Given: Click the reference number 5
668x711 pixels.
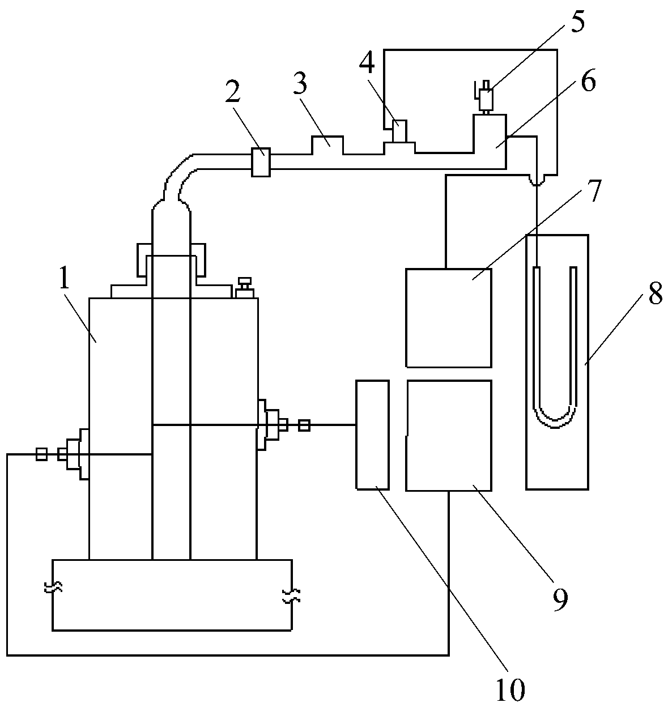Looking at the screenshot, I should pos(577,22).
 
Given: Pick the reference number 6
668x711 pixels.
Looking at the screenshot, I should pos(588,82).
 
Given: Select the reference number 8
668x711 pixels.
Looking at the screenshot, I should pos(654,295).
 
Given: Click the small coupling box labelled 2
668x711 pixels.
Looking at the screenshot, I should pos(260,162).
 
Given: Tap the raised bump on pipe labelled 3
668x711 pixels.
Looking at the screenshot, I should pos(327,144).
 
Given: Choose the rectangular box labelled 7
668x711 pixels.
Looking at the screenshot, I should pos(448,317).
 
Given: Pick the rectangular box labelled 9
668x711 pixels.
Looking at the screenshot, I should pos(448,435).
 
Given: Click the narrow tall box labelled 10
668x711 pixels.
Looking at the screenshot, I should pos(372,435).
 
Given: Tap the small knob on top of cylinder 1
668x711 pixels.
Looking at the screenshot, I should pos(245,287).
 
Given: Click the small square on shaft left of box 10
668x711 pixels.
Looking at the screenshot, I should pos(304,425).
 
